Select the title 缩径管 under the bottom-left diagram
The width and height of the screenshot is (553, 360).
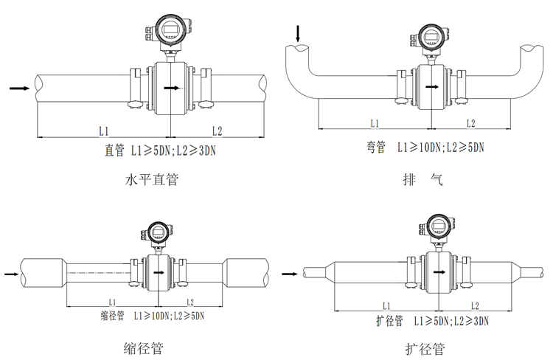click(143, 347)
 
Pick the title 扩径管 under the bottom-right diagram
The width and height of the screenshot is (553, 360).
click(425, 347)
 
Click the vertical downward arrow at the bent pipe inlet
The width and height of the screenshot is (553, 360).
click(298, 33)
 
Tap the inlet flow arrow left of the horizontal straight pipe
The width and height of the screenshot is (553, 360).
click(20, 89)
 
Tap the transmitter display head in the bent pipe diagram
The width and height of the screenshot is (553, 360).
click(432, 35)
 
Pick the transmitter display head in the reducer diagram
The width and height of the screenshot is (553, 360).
click(157, 232)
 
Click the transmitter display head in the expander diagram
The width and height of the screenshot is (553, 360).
click(438, 228)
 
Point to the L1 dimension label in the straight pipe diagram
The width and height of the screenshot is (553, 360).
click(104, 131)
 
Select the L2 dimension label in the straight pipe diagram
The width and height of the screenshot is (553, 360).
click(217, 131)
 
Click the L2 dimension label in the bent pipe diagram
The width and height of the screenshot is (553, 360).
click(469, 122)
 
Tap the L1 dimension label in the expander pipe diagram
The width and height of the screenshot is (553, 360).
click(386, 305)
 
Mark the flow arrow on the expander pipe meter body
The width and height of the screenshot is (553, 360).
click(439, 272)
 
